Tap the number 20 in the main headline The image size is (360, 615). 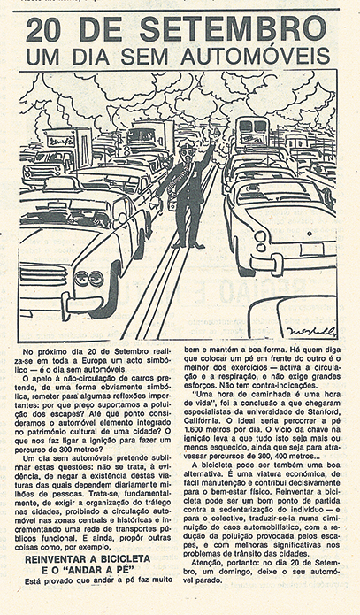click(x=49, y=29)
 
